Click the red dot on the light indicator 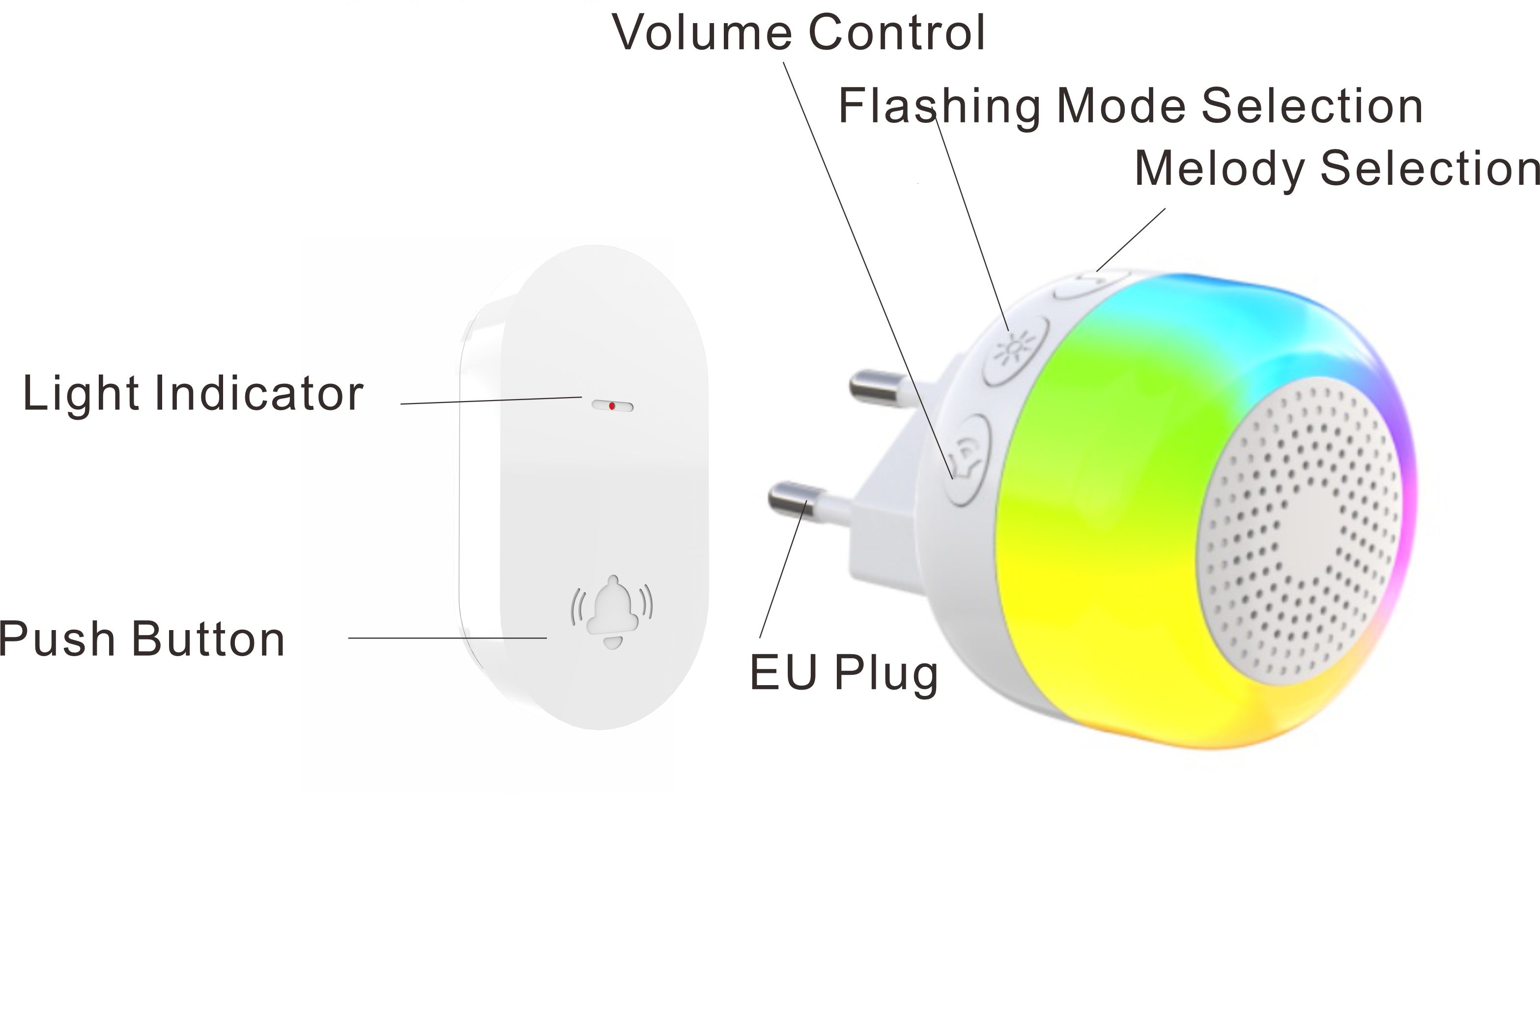(611, 406)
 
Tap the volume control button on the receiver (968, 460)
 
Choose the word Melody (1220, 169)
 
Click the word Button (208, 639)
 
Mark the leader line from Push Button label (447, 638)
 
